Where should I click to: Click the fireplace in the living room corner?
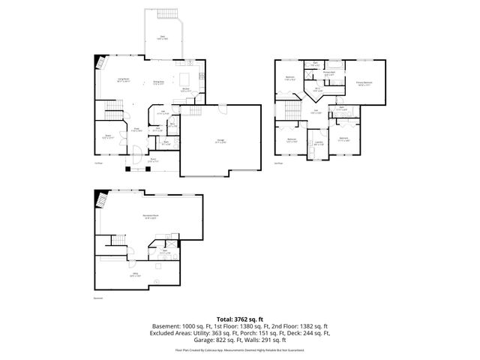(x=98, y=64)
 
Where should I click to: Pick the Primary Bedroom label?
(x=365, y=83)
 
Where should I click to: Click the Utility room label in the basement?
(x=136, y=274)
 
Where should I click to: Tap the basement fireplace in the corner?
(x=100, y=199)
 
